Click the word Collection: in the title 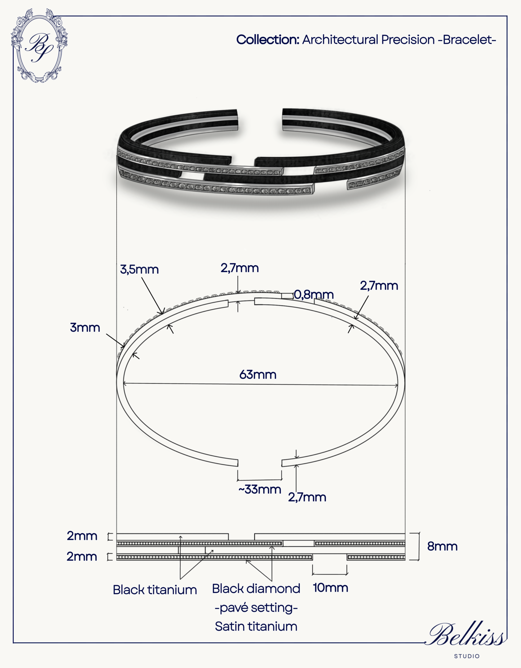268,40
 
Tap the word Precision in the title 408,40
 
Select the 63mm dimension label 258,374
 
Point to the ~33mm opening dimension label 260,489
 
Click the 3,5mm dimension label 139,269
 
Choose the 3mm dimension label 85,327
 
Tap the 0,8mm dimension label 314,295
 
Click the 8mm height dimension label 442,546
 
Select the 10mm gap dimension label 330,588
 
